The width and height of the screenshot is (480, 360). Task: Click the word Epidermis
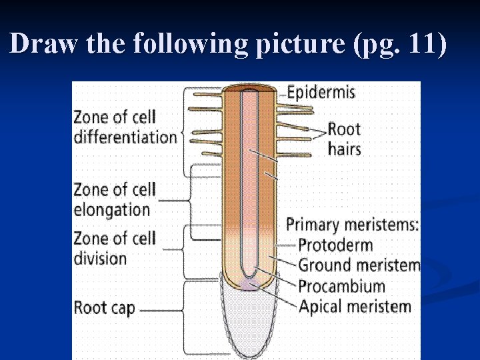click(321, 91)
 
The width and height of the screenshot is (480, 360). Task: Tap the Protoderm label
click(335, 245)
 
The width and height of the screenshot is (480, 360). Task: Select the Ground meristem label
click(359, 265)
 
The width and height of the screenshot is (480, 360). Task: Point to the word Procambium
click(341, 287)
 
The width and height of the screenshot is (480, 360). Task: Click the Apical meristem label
click(354, 307)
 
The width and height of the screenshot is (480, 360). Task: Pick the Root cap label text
click(105, 308)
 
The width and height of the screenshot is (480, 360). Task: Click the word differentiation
click(125, 137)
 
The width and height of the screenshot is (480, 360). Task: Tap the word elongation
click(111, 209)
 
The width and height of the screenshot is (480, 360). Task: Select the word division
click(100, 258)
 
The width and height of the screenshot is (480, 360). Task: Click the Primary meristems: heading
click(352, 225)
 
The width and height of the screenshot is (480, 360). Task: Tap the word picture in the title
click(301, 44)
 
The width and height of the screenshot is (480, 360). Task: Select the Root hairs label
click(344, 138)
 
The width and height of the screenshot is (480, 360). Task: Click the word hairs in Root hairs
click(344, 148)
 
